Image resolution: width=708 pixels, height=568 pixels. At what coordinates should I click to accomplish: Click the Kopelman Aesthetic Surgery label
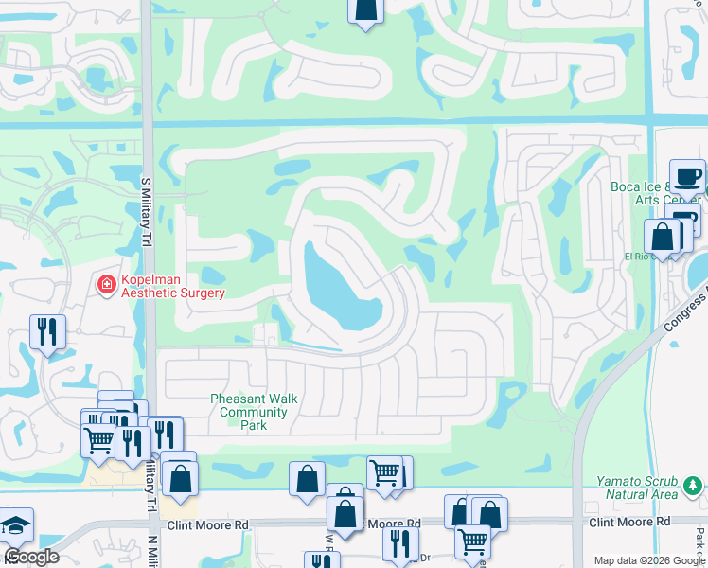pyautogui.click(x=171, y=286)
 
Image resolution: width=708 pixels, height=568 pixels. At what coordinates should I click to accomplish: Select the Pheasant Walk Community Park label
pyautogui.click(x=254, y=412)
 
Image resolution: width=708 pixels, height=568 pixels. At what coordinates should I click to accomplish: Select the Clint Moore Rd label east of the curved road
pyautogui.click(x=628, y=522)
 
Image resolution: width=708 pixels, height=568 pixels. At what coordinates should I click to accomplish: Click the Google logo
pyautogui.click(x=31, y=557)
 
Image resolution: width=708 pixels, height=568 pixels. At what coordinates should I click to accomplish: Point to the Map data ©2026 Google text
pyautogui.click(x=649, y=560)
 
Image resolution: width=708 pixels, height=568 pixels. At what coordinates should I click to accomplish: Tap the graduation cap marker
pyautogui.click(x=16, y=525)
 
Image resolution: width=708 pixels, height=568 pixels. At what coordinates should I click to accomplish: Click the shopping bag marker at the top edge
pyautogui.click(x=365, y=10)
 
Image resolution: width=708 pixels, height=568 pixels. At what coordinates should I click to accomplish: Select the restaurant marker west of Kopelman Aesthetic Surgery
pyautogui.click(x=47, y=331)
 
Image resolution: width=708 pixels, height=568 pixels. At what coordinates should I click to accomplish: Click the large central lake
pyautogui.click(x=342, y=289)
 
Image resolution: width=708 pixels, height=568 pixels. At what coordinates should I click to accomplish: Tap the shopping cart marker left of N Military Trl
pyautogui.click(x=98, y=439)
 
